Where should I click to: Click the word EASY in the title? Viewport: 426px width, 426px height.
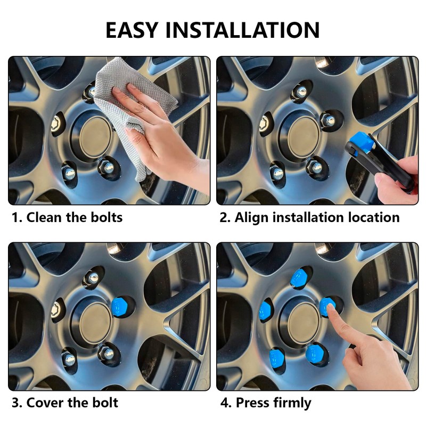[x=132, y=30]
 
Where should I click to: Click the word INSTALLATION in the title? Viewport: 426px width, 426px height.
[x=242, y=30]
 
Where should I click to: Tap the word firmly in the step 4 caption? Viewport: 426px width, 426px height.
[x=292, y=403]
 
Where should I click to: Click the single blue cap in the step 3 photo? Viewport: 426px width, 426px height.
[x=120, y=307]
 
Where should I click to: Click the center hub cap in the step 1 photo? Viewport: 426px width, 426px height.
[x=96, y=138]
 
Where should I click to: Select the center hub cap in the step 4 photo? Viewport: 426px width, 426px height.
[x=304, y=323]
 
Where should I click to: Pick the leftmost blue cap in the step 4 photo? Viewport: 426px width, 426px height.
[x=265, y=310]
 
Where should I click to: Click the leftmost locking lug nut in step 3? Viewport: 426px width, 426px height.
[x=57, y=310]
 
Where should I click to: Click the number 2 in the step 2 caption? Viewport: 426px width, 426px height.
[x=224, y=218]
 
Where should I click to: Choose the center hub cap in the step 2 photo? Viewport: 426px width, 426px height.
[x=304, y=138]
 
